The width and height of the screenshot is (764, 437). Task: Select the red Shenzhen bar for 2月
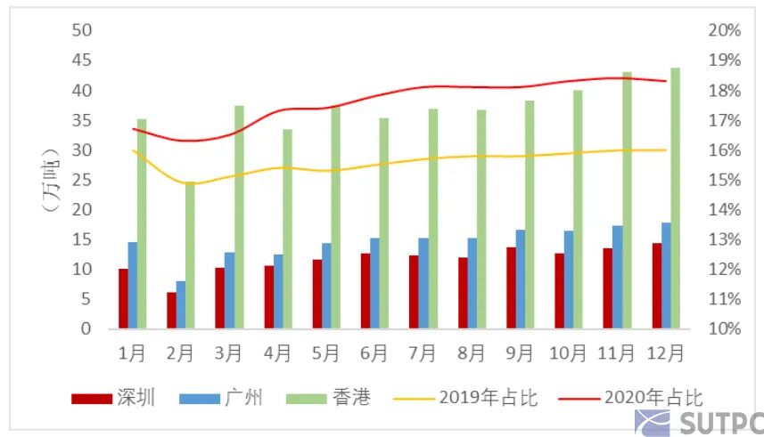(171, 310)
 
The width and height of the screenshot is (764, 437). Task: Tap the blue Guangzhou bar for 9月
(520, 279)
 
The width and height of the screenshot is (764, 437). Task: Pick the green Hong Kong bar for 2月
(190, 255)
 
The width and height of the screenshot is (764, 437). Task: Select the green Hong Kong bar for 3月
(239, 216)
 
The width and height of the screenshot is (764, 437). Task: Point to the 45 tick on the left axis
(82, 61)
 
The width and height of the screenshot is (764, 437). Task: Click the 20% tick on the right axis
(724, 30)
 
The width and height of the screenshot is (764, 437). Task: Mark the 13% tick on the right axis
(724, 239)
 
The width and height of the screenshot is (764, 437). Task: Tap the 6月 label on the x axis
(374, 352)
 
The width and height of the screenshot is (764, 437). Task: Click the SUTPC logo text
(717, 422)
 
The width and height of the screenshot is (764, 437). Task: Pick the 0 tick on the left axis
(86, 328)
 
